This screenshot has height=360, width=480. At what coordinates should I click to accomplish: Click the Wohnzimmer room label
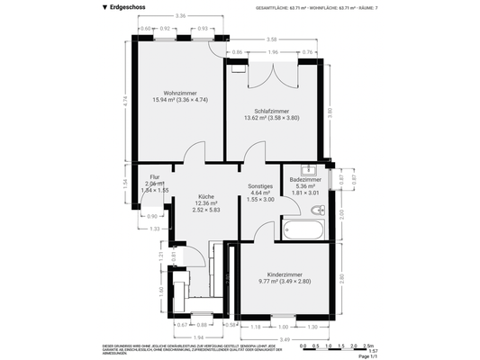click(x=180, y=93)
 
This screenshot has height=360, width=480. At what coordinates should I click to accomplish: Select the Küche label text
click(x=206, y=196)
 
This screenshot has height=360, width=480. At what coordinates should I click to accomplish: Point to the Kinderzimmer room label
click(x=290, y=274)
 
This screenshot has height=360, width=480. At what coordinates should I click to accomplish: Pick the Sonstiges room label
click(x=260, y=185)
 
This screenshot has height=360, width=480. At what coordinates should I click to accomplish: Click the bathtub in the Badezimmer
click(x=306, y=229)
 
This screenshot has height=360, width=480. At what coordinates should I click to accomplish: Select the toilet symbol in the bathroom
click(x=316, y=210)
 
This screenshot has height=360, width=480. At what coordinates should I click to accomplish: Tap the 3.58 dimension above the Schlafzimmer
click(x=271, y=39)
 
